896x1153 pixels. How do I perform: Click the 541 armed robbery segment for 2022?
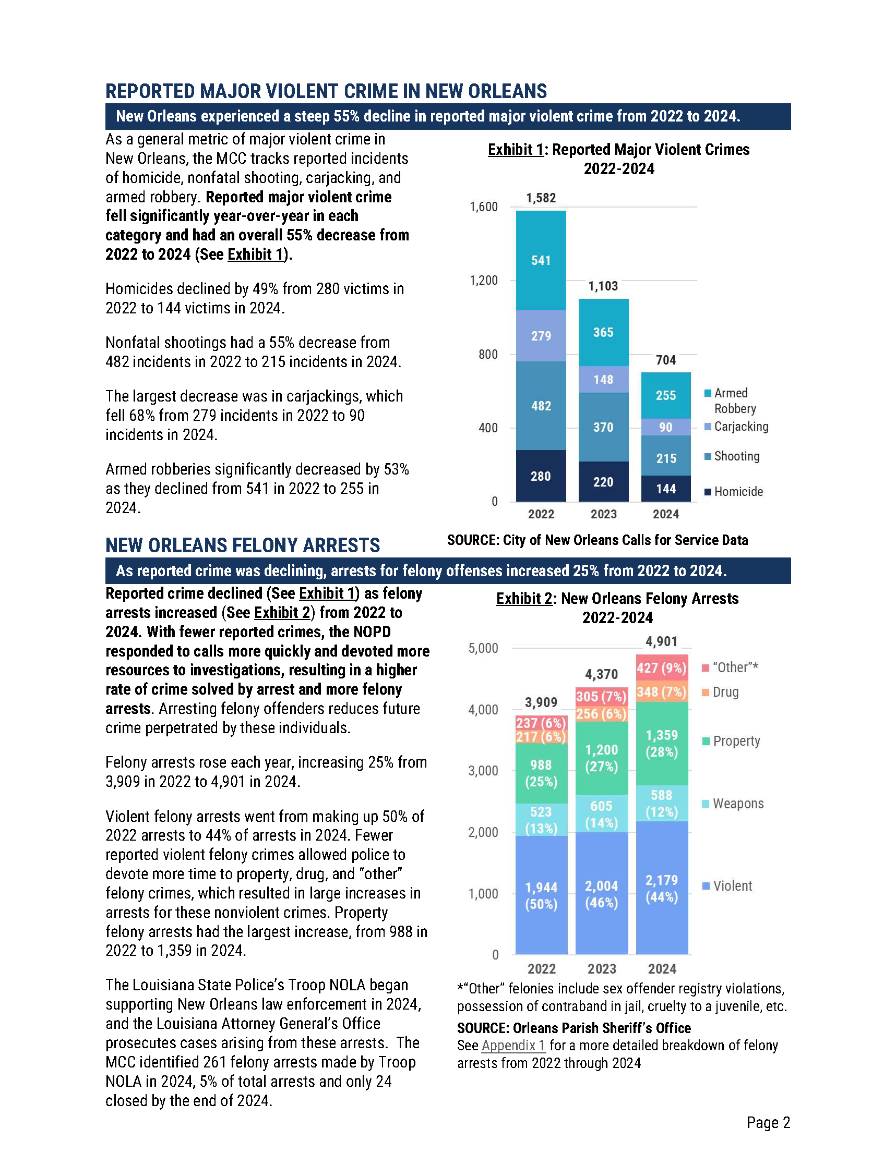pyautogui.click(x=541, y=260)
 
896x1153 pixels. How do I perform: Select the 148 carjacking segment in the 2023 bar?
pyautogui.click(x=603, y=379)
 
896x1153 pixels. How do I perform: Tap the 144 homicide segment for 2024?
pyautogui.click(x=666, y=489)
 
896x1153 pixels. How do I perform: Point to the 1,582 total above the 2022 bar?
pyautogui.click(x=541, y=198)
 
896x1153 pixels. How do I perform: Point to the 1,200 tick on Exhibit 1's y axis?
pyautogui.click(x=483, y=281)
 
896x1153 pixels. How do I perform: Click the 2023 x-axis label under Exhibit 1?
pyautogui.click(x=603, y=514)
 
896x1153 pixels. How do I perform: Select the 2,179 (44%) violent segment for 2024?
pyautogui.click(x=662, y=888)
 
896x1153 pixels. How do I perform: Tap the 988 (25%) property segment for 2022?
pyautogui.click(x=541, y=773)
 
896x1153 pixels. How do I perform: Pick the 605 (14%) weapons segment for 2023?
pyautogui.click(x=601, y=814)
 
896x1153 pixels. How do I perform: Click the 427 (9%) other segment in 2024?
pyautogui.click(x=662, y=669)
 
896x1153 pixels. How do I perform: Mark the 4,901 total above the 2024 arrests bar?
pyautogui.click(x=662, y=641)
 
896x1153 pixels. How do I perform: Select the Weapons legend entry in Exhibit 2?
pyautogui.click(x=737, y=804)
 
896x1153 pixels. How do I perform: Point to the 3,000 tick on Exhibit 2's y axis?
pyautogui.click(x=483, y=771)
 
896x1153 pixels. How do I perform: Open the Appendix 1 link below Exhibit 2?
pyautogui.click(x=513, y=1045)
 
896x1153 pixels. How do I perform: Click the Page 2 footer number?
pyautogui.click(x=768, y=1122)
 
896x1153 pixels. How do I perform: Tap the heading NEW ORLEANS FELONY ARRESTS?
pyautogui.click(x=243, y=545)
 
